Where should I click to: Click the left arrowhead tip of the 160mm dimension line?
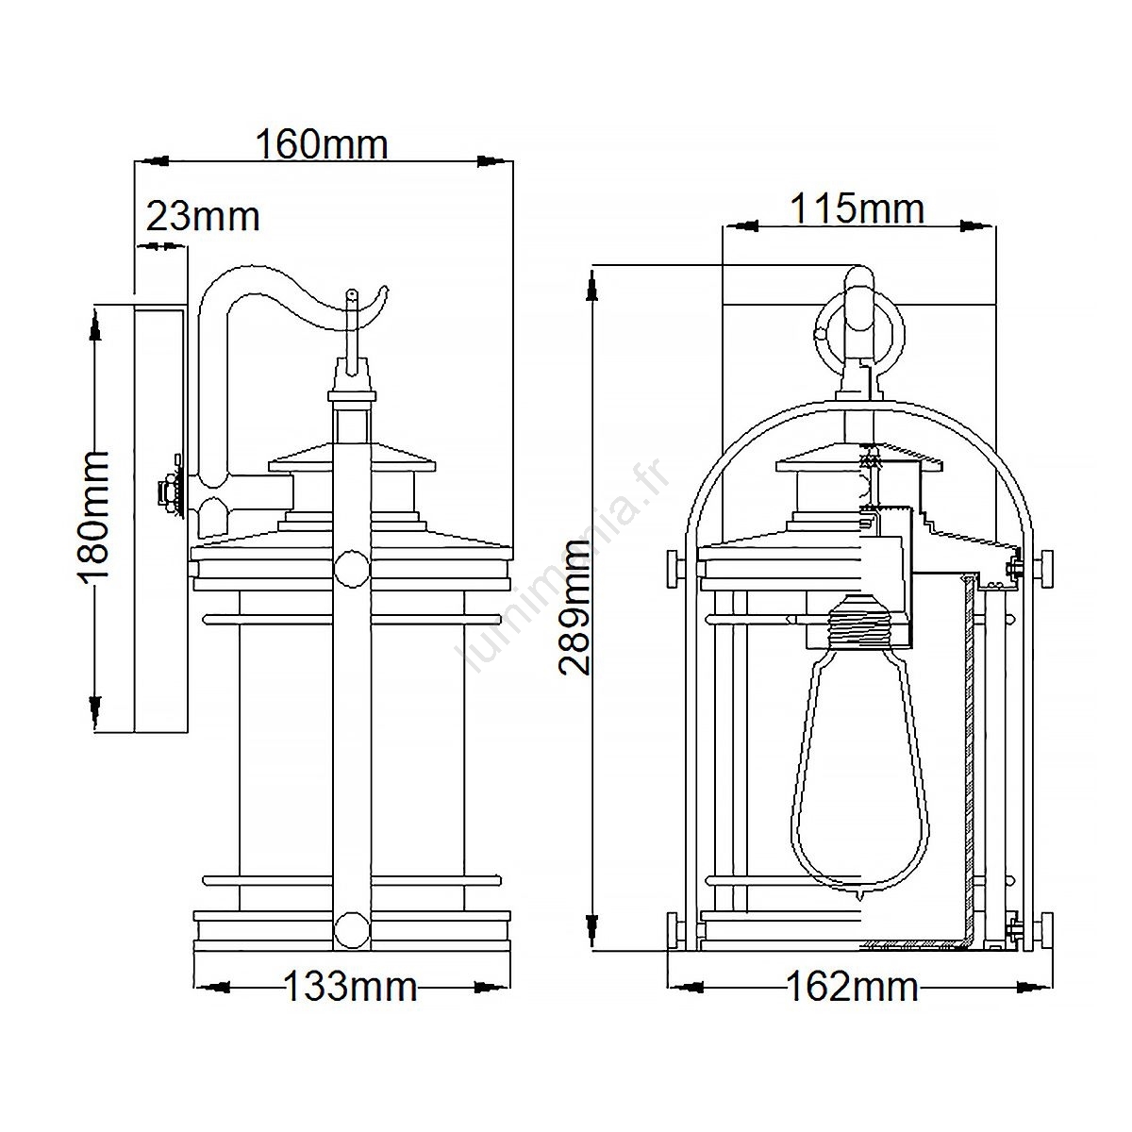pyautogui.click(x=136, y=160)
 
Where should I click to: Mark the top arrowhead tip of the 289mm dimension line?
pyautogui.click(x=594, y=267)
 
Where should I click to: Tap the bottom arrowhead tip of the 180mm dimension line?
pyautogui.click(x=94, y=732)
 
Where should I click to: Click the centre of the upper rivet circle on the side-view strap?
pyautogui.click(x=351, y=569)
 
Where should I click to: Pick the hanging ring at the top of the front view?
pyautogui.click(x=860, y=334)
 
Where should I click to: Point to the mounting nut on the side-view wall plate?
pyautogui.click(x=169, y=490)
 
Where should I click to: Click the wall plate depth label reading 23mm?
pyautogui.click(x=203, y=217)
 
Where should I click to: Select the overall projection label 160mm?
pyautogui.click(x=323, y=144)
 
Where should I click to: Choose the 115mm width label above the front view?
pyautogui.click(x=858, y=208)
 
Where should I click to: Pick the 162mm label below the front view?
pyautogui.click(x=852, y=987)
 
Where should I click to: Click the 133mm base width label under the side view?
pyautogui.click(x=351, y=987)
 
